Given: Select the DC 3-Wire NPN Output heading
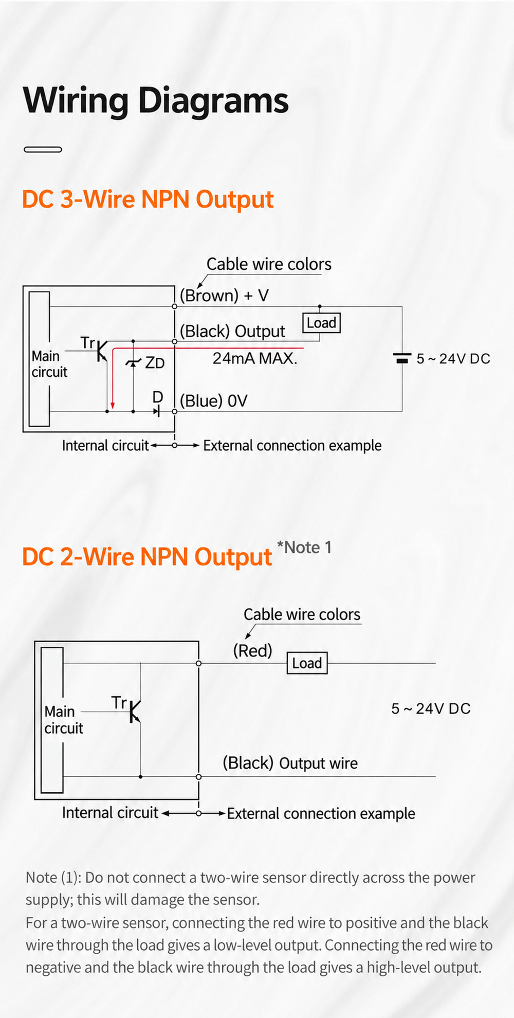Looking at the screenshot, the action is coord(148,199).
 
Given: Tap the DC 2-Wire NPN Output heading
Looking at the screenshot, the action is coord(147,557).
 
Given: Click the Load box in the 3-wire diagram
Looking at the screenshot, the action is coord(321,323).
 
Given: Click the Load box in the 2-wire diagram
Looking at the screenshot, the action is coord(307,663).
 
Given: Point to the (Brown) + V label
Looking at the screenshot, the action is coord(224,296).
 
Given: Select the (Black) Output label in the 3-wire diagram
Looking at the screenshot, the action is coord(232,332).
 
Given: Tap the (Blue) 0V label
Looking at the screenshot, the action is coord(214,401).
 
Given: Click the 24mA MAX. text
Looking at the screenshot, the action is coord(255,358).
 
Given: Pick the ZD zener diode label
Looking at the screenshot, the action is coord(155,363).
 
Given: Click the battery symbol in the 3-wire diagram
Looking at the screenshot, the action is coord(402,358).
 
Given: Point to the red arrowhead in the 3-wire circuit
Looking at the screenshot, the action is coord(113,406).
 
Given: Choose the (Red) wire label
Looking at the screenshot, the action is coord(252,651).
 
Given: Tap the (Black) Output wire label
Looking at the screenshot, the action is coord(290,763).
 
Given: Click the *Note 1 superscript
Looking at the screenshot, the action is coord(304,548).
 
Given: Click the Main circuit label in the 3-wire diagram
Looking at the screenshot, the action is coord(49,364).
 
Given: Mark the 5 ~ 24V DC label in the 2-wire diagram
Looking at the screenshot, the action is coord(431,708).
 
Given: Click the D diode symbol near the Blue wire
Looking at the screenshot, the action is coord(157,411).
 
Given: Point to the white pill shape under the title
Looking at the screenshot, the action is coord(43,150).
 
